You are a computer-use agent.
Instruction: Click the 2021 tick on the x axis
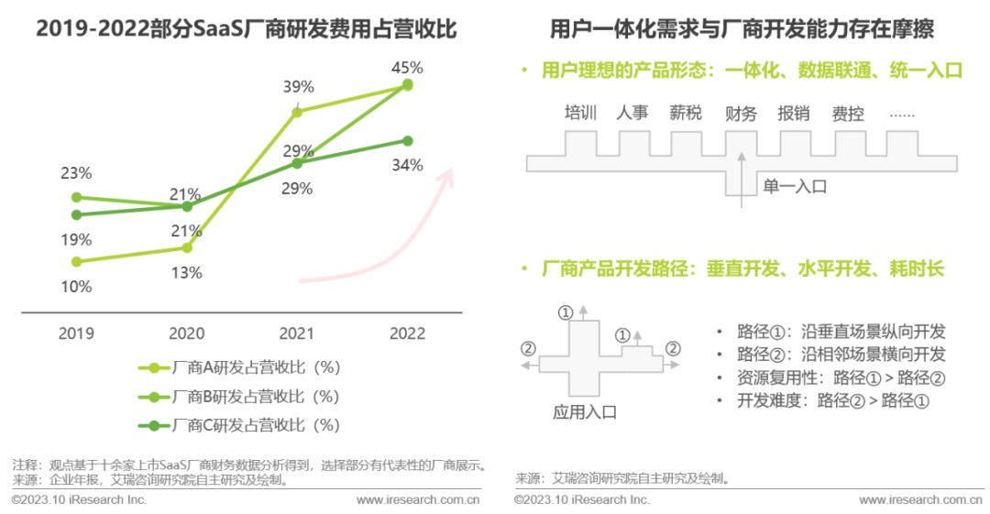click(x=295, y=333)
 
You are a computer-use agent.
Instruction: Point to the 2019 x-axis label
click(x=76, y=333)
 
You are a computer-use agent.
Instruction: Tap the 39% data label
click(x=298, y=87)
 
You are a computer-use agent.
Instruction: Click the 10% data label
click(x=76, y=287)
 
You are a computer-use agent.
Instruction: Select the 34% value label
click(x=408, y=165)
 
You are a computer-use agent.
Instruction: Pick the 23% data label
click(x=76, y=172)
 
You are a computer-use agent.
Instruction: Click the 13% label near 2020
click(x=187, y=272)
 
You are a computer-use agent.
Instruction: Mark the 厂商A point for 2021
click(x=297, y=112)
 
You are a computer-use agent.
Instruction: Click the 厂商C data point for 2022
click(x=408, y=140)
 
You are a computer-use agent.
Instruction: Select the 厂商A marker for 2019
click(x=77, y=261)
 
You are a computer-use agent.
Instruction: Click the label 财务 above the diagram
click(x=741, y=114)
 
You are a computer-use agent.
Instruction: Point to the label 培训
click(x=580, y=114)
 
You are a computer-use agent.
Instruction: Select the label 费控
click(x=848, y=114)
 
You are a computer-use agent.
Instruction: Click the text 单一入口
click(x=795, y=186)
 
